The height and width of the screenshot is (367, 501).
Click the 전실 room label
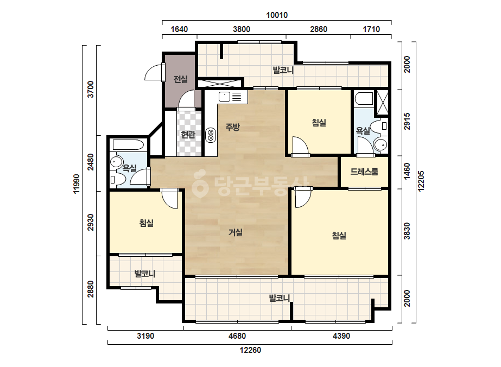coord(181,79)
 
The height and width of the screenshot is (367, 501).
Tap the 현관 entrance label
coord(188,135)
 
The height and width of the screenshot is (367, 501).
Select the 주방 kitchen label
coord(233,127)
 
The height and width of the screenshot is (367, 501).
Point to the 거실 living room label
coord(236,232)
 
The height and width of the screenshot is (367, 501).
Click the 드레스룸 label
coord(364,172)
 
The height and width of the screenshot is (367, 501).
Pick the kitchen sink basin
coord(225,96)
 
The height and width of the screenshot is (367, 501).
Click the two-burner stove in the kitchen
coord(211,135)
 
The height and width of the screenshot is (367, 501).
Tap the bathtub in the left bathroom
coord(128,145)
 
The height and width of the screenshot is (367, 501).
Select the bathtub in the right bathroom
coord(364,98)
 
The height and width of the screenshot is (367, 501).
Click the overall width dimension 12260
coord(250,350)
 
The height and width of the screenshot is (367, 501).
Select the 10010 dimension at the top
coord(277,15)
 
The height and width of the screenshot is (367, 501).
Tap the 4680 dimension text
coord(237,336)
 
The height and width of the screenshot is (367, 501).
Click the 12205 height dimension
coord(421,181)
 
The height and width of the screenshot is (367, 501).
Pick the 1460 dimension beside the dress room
coord(407,172)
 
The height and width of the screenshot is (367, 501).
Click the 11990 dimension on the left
coord(76,184)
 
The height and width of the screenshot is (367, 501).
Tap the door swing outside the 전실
coord(154,73)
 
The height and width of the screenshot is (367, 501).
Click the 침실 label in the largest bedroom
coord(339,236)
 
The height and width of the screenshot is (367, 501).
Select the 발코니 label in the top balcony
coord(283,70)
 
